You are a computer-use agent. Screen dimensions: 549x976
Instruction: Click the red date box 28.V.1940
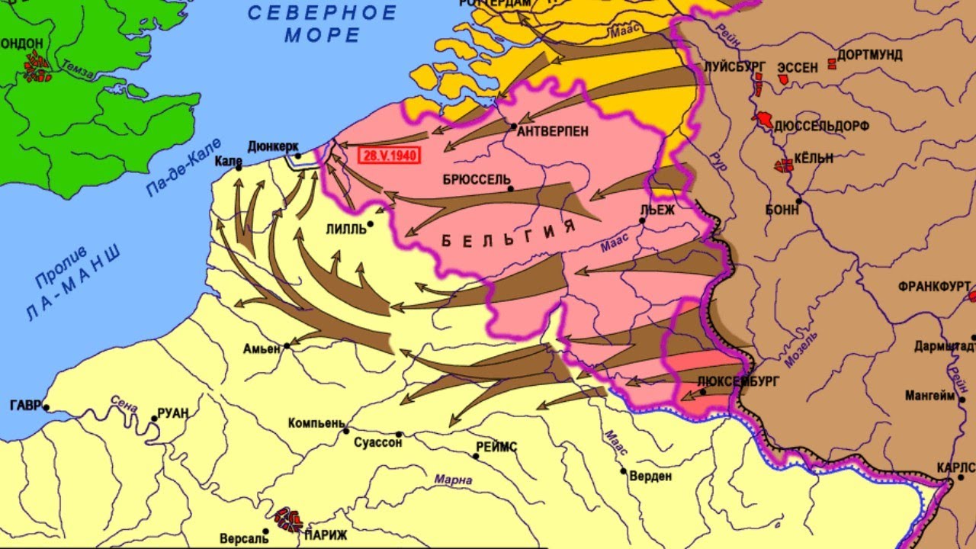[389, 154]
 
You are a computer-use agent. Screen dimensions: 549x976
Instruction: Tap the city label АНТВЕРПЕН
[553, 131]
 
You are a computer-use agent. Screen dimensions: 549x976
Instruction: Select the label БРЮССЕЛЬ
[477, 179]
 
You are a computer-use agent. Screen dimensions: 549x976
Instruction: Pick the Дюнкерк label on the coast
[273, 146]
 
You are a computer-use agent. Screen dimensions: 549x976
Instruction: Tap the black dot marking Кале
[238, 167]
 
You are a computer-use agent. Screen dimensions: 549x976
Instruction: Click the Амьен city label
[262, 348]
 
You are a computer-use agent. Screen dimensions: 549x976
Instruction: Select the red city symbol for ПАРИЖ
[289, 518]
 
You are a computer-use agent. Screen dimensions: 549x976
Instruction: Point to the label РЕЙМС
[496, 447]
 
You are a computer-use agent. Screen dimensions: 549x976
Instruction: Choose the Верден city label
[650, 477]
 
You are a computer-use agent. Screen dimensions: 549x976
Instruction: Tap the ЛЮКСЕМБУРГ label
[738, 381]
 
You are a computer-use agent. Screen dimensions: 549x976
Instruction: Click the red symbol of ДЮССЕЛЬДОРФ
[763, 120]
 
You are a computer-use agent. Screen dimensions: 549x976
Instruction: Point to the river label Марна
[453, 480]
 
